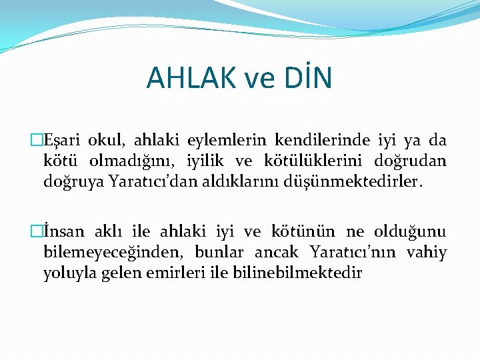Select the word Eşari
[64, 141]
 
